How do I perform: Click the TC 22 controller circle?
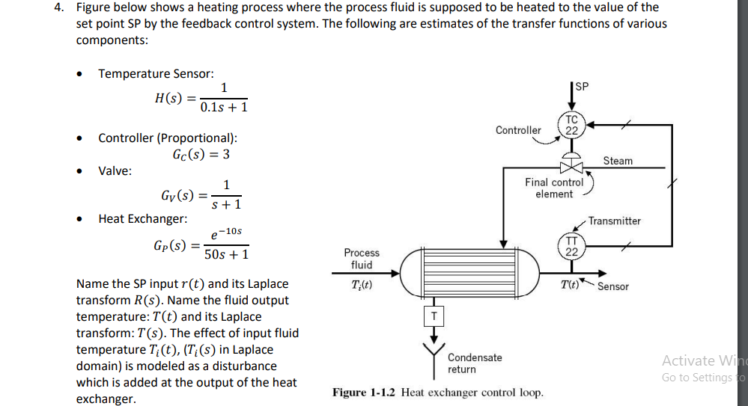pyautogui.click(x=571, y=125)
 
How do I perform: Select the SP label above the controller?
pyautogui.click(x=582, y=87)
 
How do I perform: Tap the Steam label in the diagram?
pyautogui.click(x=618, y=161)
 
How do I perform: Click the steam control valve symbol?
pyautogui.click(x=571, y=167)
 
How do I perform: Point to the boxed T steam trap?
pyautogui.click(x=433, y=316)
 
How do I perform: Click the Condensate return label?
pyautogui.click(x=475, y=363)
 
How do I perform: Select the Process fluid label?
pyautogui.click(x=362, y=259)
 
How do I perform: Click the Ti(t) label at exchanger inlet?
pyautogui.click(x=362, y=286)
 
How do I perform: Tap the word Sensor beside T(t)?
pyautogui.click(x=613, y=286)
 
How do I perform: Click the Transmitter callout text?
pyautogui.click(x=615, y=221)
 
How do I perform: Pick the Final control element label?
pyautogui.click(x=554, y=188)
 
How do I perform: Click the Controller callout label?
pyautogui.click(x=518, y=130)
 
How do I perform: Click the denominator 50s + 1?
pyautogui.click(x=226, y=255)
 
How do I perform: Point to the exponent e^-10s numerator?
pyautogui.click(x=226, y=233)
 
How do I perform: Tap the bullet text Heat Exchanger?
pyautogui.click(x=143, y=218)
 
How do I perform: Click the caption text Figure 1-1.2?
pyautogui.click(x=365, y=393)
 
